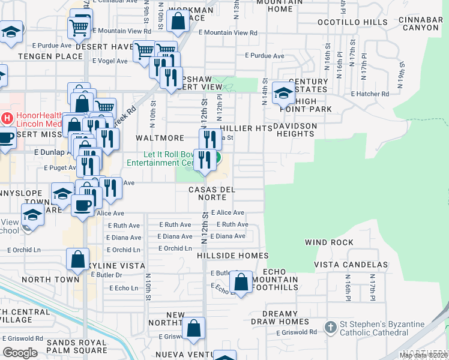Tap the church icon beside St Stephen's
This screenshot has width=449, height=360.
pyautogui.click(x=330, y=328)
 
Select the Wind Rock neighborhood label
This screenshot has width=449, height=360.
pyautogui.click(x=329, y=242)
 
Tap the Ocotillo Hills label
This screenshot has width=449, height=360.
pyautogui.click(x=360, y=22)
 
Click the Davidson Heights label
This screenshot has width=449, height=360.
pyautogui.click(x=295, y=130)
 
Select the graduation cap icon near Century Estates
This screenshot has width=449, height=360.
pyautogui.click(x=283, y=94)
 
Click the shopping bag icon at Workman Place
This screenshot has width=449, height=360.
pyautogui.click(x=179, y=22)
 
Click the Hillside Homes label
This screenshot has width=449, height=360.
pyautogui.click(x=232, y=256)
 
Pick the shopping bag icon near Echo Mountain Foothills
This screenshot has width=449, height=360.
pyautogui.click(x=241, y=282)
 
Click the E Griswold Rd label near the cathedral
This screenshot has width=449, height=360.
pyautogui.click(x=297, y=332)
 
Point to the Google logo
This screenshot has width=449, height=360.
pyautogui.click(x=20, y=352)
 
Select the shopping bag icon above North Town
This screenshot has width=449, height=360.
pyautogui.click(x=78, y=260)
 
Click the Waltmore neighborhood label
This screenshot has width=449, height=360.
pyautogui.click(x=159, y=138)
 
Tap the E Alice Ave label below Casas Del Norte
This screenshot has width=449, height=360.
pyautogui.click(x=228, y=212)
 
